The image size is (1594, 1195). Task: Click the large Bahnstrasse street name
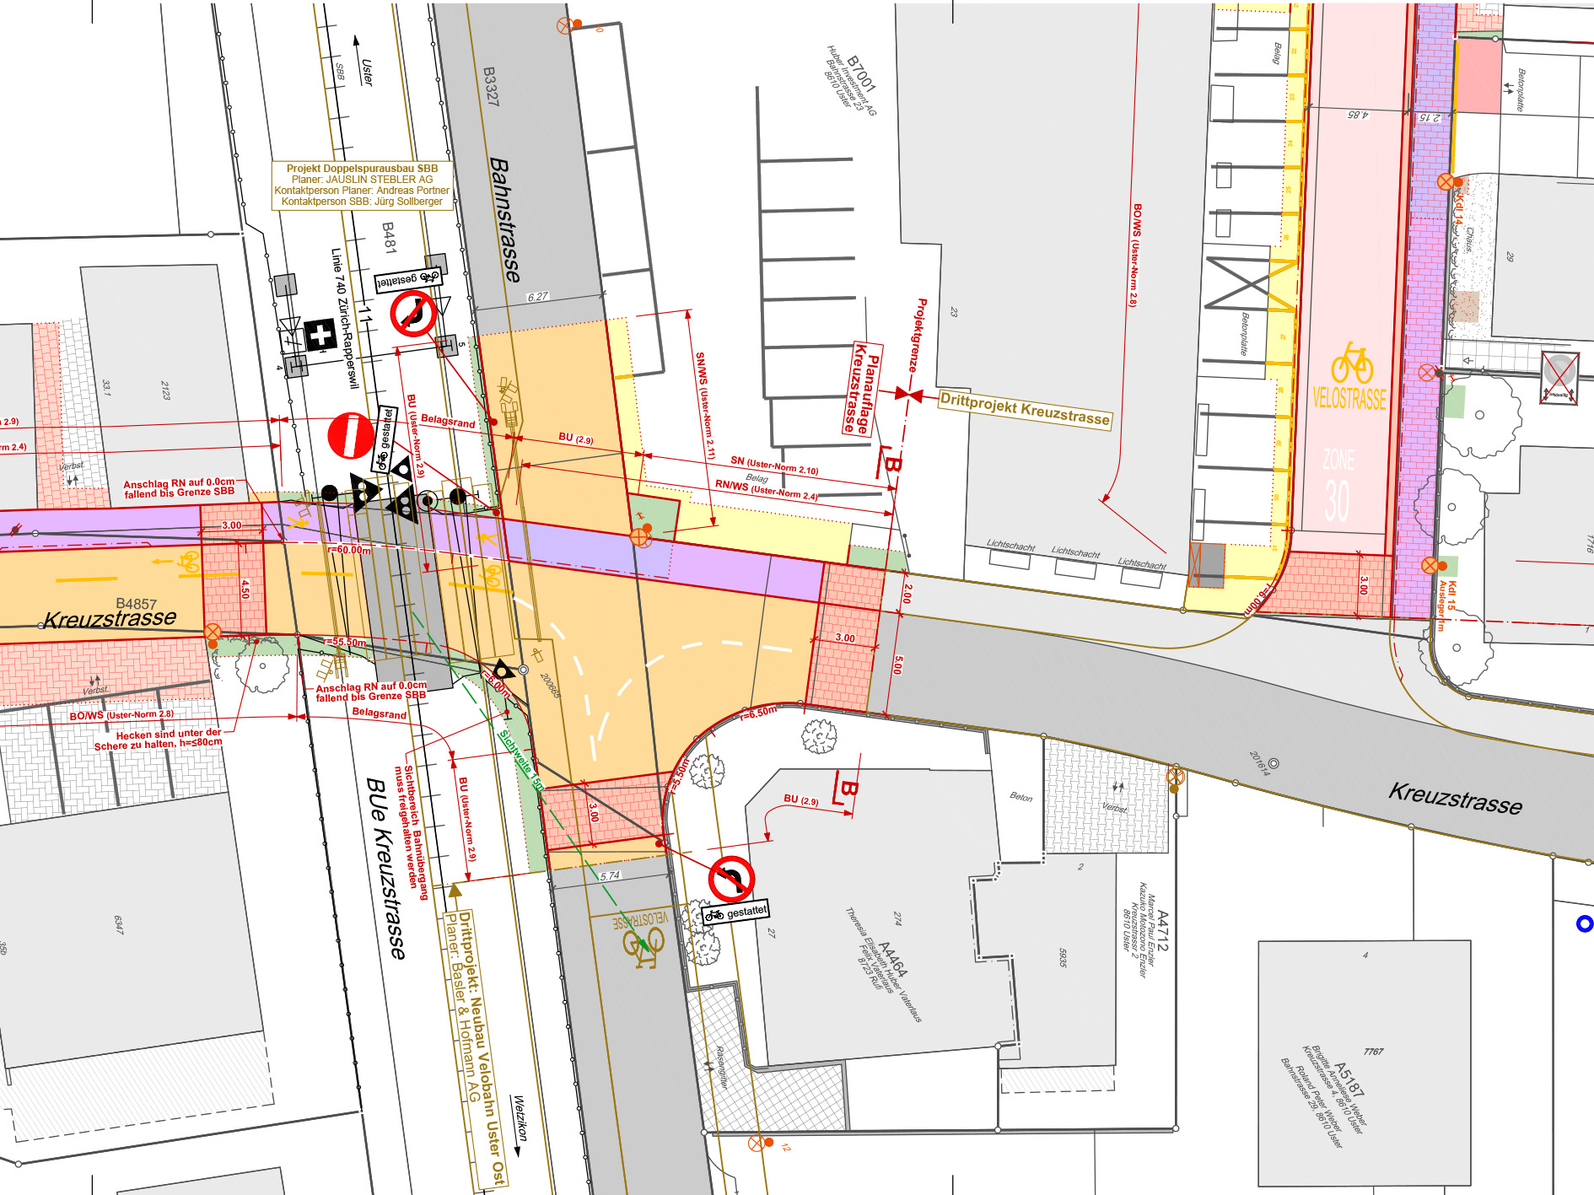pyautogui.click(x=504, y=219)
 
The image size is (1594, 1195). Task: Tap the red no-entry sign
pyautogui.click(x=350, y=435)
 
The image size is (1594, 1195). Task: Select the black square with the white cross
pyautogui.click(x=320, y=335)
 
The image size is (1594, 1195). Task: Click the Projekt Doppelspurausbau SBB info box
pyautogui.click(x=362, y=185)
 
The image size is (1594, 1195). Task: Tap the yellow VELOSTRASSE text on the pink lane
pyautogui.click(x=1349, y=399)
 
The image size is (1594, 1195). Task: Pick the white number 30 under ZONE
pyautogui.click(x=1337, y=500)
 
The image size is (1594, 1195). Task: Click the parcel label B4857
pyautogui.click(x=136, y=604)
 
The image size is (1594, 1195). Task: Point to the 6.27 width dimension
pyautogui.click(x=537, y=297)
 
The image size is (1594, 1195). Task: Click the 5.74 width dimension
pyautogui.click(x=610, y=876)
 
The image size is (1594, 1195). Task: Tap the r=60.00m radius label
pyautogui.click(x=349, y=550)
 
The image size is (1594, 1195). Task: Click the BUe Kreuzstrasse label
pyautogui.click(x=386, y=868)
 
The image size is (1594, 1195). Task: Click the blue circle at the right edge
pyautogui.click(x=1585, y=924)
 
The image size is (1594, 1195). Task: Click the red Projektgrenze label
pyautogui.click(x=917, y=335)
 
